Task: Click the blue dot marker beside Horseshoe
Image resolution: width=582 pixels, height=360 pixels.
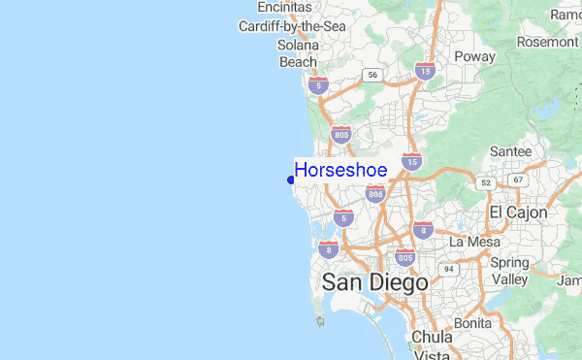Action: point(291,180)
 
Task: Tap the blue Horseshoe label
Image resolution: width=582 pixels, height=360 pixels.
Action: point(340,171)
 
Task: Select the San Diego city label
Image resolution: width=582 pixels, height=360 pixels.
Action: point(374,283)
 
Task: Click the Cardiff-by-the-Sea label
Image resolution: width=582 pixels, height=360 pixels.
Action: point(292,26)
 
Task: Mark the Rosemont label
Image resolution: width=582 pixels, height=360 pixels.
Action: point(547,42)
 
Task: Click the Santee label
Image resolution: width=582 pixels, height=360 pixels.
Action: point(510,151)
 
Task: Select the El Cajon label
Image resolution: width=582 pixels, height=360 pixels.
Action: point(518,212)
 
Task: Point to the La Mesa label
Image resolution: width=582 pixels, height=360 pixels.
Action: point(472,241)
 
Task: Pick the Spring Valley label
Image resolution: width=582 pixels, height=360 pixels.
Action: point(509,271)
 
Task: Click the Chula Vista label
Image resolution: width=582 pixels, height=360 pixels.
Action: point(433,345)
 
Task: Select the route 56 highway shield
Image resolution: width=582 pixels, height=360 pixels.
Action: point(372,74)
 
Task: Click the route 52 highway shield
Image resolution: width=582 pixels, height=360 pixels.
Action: point(482,181)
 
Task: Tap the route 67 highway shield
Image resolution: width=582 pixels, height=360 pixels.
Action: point(519,180)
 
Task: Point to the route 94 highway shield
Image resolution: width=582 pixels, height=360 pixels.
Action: point(449,269)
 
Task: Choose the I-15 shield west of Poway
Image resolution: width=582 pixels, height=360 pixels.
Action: point(424,71)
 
